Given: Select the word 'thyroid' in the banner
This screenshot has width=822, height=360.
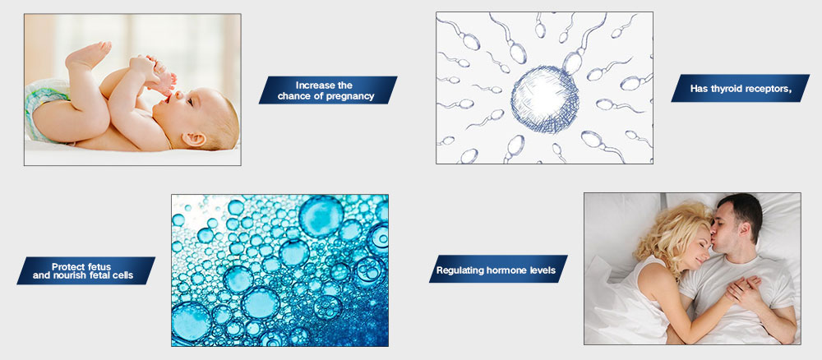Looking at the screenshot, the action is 729,89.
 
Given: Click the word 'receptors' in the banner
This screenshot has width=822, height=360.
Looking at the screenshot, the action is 769,89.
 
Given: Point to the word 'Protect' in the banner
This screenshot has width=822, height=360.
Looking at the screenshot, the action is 67,267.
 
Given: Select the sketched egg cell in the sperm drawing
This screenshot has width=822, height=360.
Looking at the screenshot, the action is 545,100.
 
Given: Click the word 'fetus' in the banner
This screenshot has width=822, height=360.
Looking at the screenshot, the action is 98,267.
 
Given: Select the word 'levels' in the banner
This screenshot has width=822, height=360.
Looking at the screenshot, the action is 539,270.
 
